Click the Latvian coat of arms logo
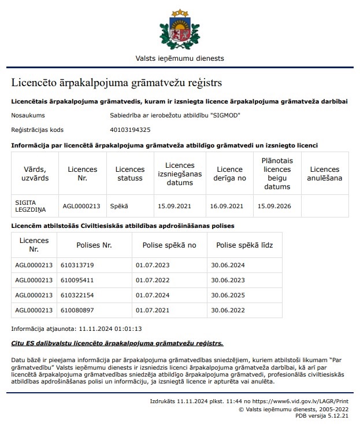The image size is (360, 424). pos(180,28)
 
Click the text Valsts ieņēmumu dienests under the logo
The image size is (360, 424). pos(180,58)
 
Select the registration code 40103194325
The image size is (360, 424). pos(130,130)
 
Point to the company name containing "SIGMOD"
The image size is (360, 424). pos(175,115)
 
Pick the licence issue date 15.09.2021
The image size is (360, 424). pos(175,205)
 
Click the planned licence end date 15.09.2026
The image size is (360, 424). pos(275,205)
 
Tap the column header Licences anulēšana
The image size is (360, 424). pos(325,174)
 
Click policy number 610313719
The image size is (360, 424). pos(77,265)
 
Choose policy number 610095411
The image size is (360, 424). pos(77,280)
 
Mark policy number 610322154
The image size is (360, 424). pos(77,295)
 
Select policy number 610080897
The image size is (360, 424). pos(77,310)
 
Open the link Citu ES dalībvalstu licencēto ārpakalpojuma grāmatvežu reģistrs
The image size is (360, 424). pos(117,343)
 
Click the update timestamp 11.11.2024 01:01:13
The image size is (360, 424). pos(110,329)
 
